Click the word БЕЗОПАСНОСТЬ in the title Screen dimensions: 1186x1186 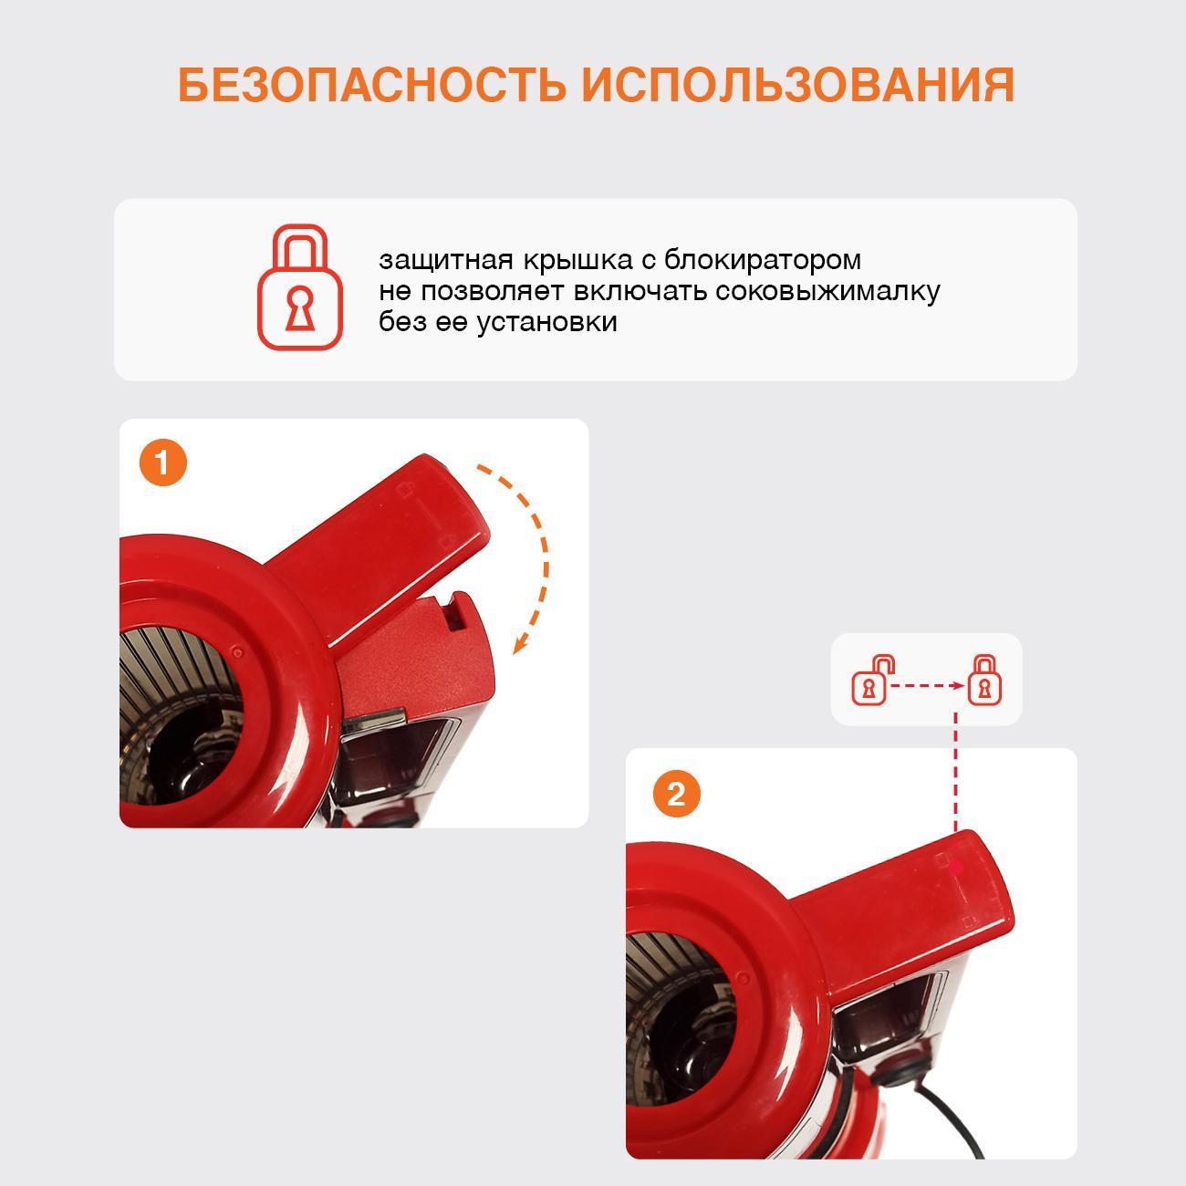(x=371, y=84)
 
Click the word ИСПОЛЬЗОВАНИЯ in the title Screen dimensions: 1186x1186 (x=798, y=84)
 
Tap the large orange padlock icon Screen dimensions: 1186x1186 (x=300, y=287)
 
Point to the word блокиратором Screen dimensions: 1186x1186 (x=763, y=261)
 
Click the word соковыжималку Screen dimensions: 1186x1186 (x=827, y=292)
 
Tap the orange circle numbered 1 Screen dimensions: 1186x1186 (x=162, y=463)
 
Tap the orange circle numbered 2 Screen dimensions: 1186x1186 (x=676, y=794)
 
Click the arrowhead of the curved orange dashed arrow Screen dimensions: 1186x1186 (x=521, y=644)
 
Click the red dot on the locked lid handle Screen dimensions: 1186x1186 (x=956, y=867)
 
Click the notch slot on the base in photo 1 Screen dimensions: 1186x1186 (x=455, y=612)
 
